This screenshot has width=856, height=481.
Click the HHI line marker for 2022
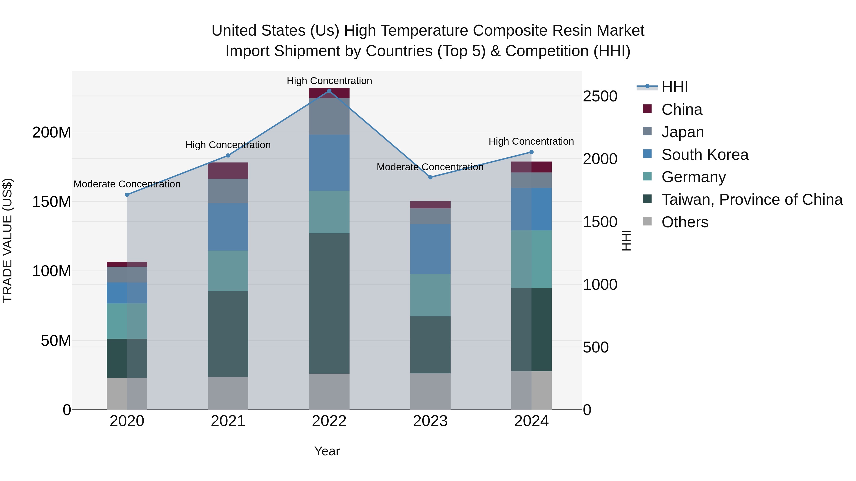[329, 91]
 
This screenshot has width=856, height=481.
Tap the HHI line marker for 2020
[127, 195]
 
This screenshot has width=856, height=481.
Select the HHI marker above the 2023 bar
[430, 177]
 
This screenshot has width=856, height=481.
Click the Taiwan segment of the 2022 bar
[329, 303]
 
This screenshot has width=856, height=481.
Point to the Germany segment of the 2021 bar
[228, 271]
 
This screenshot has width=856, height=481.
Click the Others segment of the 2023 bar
[430, 391]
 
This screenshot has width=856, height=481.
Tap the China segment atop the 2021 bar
[228, 171]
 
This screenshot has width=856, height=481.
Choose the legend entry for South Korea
[705, 155]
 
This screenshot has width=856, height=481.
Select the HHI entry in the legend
[674, 87]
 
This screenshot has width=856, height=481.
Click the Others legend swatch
[647, 221]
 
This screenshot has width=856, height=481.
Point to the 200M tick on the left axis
[52, 133]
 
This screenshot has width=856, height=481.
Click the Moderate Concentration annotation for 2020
[127, 184]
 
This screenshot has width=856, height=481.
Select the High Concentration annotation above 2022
[329, 81]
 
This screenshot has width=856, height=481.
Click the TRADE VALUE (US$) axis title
[7, 240]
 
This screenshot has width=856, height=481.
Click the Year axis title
[327, 451]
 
